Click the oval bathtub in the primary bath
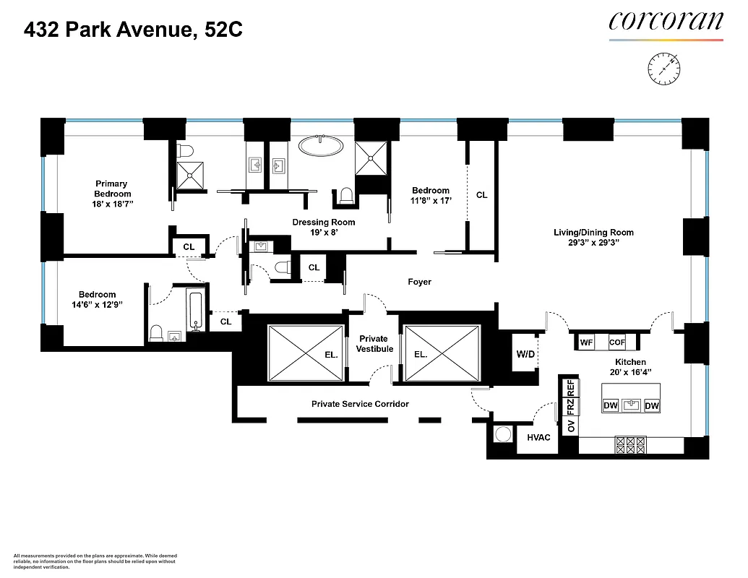point(322,145)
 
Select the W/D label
point(525,354)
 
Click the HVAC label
point(539,437)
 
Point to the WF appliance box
point(586,342)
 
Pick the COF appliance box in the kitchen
point(616,342)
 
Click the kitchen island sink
point(631,405)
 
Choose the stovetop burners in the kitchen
point(629,444)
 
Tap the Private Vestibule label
point(374,344)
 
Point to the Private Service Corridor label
point(360,404)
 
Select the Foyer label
point(419,282)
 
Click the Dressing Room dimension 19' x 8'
point(323,233)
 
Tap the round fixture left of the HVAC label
point(502,436)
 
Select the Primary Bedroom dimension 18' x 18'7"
point(112,204)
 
